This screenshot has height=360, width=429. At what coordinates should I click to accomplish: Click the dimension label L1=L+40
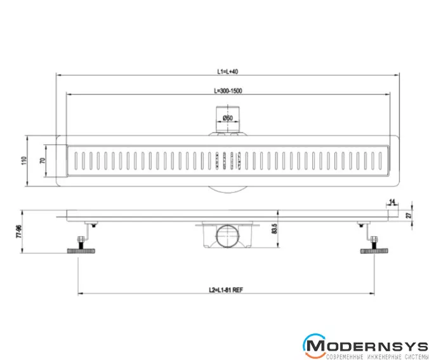click(x=228, y=72)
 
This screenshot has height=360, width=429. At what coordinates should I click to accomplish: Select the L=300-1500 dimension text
click(x=228, y=91)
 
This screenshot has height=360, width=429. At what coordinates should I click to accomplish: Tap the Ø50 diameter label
click(x=228, y=118)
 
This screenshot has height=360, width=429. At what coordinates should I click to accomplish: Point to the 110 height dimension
click(x=24, y=161)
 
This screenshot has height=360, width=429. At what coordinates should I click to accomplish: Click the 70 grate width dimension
click(x=43, y=161)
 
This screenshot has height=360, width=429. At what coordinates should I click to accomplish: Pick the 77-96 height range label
click(x=18, y=232)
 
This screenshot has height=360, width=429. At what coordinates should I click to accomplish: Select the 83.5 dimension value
click(x=274, y=229)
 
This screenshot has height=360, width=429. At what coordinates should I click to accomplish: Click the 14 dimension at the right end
click(x=392, y=202)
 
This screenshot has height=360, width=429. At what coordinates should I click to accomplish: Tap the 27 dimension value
click(x=409, y=215)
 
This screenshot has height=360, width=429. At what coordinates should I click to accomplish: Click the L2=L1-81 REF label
click(x=226, y=290)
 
